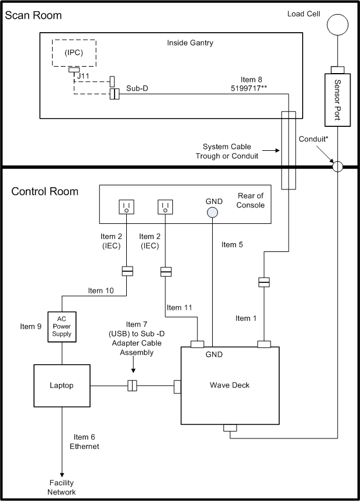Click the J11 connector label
pos(83,76)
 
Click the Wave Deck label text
pos(230,385)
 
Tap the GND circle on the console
pos(212,212)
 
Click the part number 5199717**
pos(249,88)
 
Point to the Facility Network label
pos(61,487)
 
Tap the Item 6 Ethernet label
pos(84,441)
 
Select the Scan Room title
pos(33,15)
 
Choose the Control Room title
pos(45,191)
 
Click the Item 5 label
pos(232,245)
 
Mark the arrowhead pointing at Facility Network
pos(62,475)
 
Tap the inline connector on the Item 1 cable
pos(264,282)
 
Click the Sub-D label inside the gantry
pos(137,88)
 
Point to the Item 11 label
pos(179,307)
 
